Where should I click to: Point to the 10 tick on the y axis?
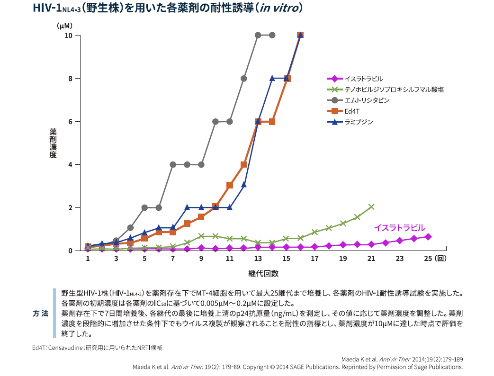(x=69, y=36)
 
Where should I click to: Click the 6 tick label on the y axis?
(x=70, y=122)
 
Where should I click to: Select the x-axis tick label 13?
(x=258, y=259)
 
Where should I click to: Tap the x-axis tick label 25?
(x=428, y=259)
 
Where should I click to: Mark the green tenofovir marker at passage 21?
(x=371, y=207)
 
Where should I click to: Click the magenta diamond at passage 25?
(x=428, y=236)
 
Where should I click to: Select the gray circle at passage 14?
(x=272, y=35)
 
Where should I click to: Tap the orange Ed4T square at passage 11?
(x=230, y=185)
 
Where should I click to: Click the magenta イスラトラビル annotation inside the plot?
(x=399, y=228)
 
